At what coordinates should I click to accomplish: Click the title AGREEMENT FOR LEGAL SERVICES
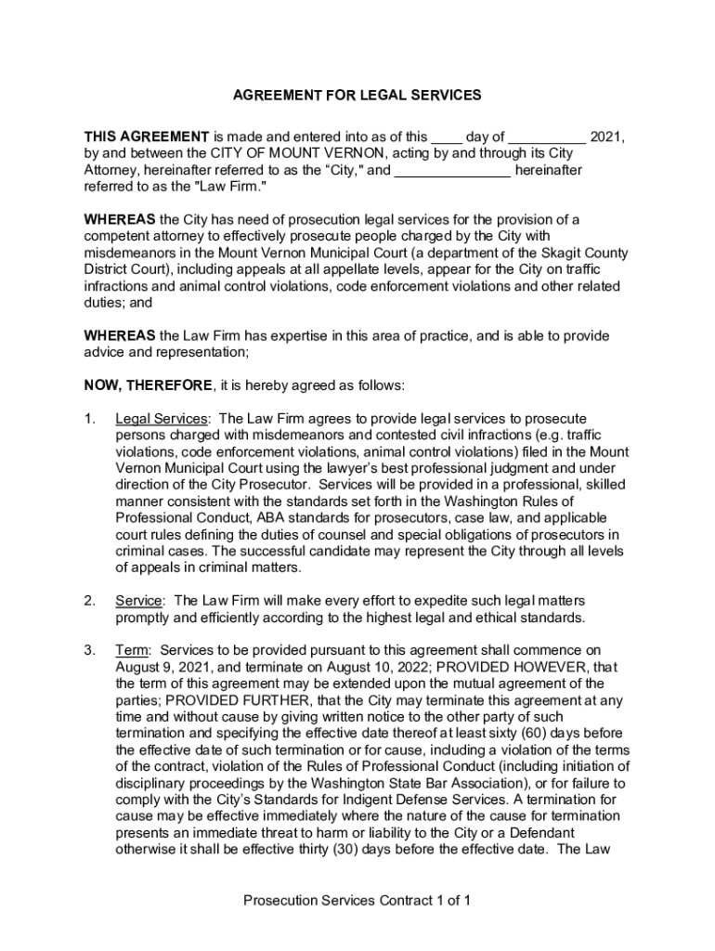357,95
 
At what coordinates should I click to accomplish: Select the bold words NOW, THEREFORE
149,385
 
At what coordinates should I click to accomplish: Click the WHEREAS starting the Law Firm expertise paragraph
120,335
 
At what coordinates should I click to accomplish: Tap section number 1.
90,419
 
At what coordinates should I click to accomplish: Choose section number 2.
90,601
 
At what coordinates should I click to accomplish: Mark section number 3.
90,650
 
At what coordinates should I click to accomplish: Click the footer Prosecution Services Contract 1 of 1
357,901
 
